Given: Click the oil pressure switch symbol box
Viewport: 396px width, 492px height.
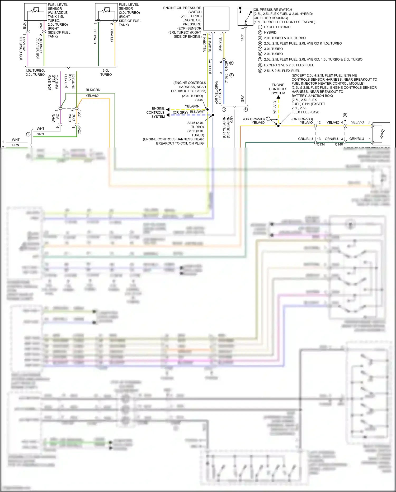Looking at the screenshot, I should [x=245, y=16].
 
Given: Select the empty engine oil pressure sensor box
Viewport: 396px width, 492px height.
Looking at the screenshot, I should [x=216, y=19].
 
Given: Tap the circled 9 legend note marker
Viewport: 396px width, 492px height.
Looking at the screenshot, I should [x=260, y=71].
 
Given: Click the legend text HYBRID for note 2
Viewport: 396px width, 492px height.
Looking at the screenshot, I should [x=270, y=32].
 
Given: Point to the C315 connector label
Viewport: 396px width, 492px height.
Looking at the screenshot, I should [x=79, y=113].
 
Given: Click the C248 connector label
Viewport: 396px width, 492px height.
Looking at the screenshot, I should [x=79, y=130].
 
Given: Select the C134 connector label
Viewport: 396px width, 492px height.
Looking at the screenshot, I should [x=321, y=144].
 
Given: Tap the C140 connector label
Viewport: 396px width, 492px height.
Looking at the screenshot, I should [x=339, y=144].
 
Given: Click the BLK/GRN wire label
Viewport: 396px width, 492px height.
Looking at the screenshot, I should [x=93, y=90].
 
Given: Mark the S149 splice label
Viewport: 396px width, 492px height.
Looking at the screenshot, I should [x=199, y=100].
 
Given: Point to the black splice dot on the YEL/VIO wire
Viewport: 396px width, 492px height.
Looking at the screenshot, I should [x=278, y=126].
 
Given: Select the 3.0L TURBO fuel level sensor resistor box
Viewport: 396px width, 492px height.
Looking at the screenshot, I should [x=106, y=12].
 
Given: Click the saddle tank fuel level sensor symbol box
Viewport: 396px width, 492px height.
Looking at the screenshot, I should [x=35, y=12].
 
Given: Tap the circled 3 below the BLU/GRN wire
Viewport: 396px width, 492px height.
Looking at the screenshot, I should [x=224, y=109].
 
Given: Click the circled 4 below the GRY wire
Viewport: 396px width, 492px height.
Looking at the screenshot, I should [x=246, y=109].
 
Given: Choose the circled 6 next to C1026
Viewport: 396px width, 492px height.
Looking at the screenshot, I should [x=232, y=63].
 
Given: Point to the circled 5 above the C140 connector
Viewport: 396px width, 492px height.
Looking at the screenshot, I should [x=345, y=115].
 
